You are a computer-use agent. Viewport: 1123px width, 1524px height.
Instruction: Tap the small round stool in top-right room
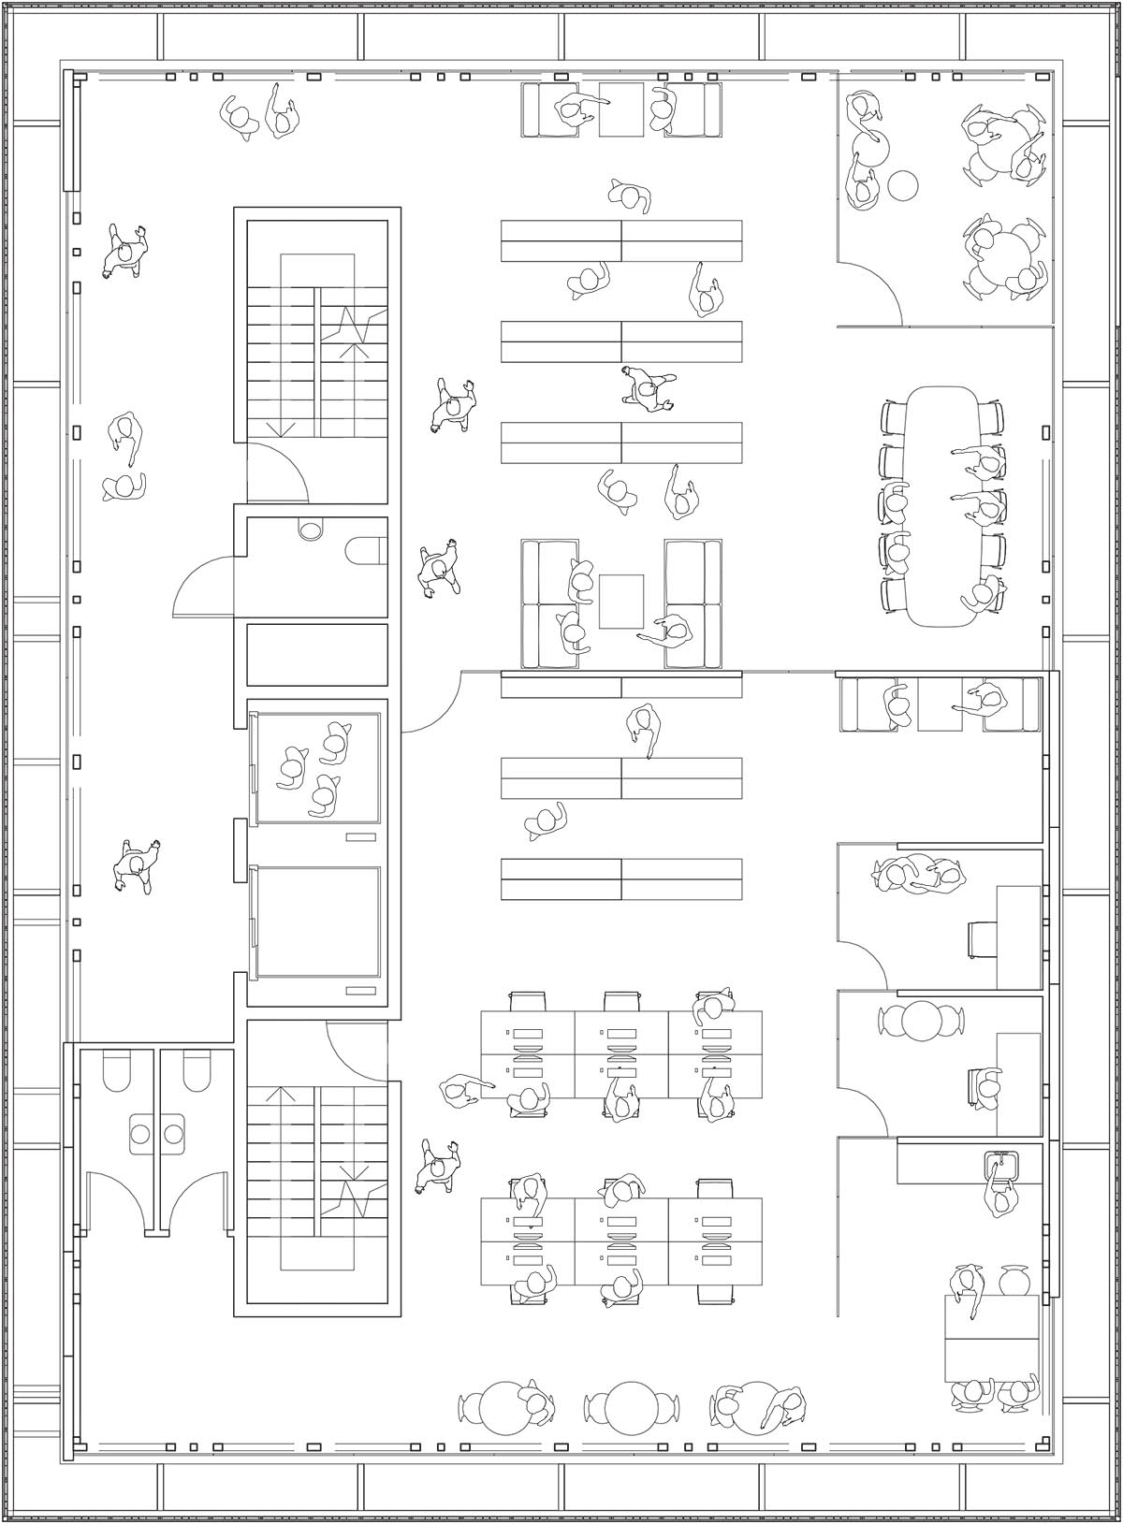coord(902,185)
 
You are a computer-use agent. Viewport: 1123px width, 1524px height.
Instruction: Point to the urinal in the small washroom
coord(364,551)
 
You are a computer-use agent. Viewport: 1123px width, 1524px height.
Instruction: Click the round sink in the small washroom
coord(310,530)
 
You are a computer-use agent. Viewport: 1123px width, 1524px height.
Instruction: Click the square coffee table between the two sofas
coord(621,601)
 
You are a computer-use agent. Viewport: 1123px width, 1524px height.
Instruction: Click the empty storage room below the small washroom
coord(316,654)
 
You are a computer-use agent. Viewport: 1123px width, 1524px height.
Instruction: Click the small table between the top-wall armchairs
coord(621,109)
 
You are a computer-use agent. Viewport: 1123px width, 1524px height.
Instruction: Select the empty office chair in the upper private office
coord(981,939)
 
